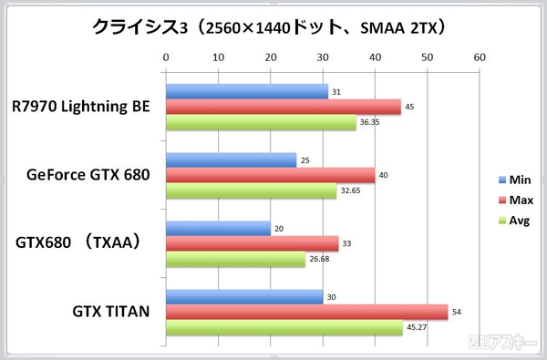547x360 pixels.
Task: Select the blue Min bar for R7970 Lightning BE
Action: point(246,91)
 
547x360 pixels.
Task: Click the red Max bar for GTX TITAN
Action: point(306,312)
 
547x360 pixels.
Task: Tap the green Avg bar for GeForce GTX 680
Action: point(251,192)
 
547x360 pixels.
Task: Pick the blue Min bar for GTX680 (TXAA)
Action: point(218,229)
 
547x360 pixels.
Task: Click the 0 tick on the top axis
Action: point(166,57)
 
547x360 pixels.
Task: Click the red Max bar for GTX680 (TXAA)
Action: point(252,243)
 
